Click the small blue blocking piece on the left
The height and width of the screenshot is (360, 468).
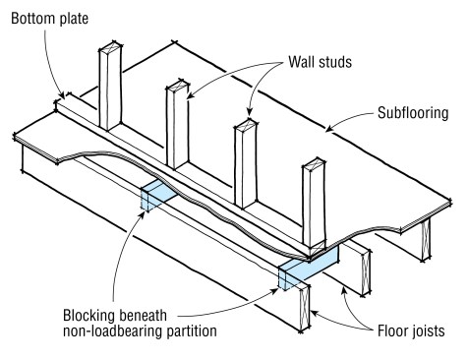156,196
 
